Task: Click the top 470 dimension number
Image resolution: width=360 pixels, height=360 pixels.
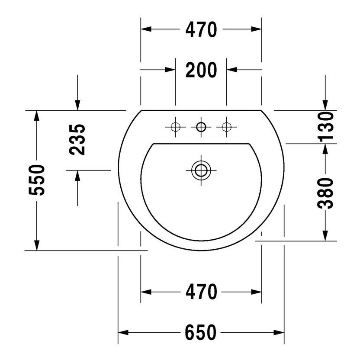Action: [x=201, y=29]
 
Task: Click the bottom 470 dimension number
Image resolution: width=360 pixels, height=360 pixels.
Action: [x=201, y=292]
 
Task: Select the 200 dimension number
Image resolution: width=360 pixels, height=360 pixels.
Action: [x=201, y=70]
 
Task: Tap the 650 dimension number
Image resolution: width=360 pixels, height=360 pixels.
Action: [x=201, y=332]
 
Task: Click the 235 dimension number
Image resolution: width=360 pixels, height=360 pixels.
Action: [x=77, y=140]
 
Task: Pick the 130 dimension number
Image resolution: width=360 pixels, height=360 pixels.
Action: [x=325, y=127]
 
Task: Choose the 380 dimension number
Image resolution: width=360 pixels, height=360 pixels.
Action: [x=325, y=193]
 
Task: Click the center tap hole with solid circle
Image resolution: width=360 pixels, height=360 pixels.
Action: [x=201, y=127]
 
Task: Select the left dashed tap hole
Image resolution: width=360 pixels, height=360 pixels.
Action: [x=175, y=127]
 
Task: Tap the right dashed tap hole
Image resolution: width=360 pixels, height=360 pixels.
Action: [x=226, y=127]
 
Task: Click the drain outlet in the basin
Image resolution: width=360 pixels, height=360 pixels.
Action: [x=201, y=170]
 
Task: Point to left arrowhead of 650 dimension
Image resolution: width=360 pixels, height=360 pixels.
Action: [x=124, y=332]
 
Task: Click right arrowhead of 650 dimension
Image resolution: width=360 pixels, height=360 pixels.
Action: [x=279, y=332]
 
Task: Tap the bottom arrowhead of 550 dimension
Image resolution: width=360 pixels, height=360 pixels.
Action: [x=38, y=245]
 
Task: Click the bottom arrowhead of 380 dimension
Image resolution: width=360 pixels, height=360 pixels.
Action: [x=325, y=235]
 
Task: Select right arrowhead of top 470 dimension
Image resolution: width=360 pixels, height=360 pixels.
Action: [x=257, y=29]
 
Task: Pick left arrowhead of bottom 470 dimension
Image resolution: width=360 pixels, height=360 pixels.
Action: [x=146, y=292]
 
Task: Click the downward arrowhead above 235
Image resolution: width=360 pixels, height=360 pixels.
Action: [x=77, y=105]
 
